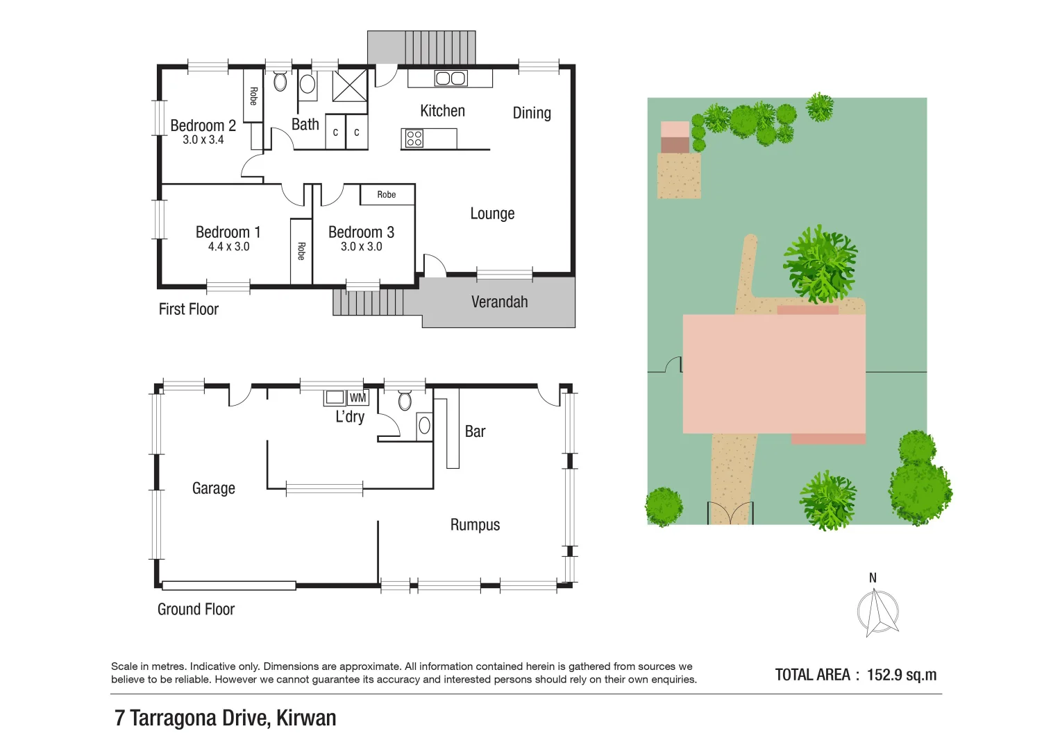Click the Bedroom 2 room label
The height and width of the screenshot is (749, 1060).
pos(203,126)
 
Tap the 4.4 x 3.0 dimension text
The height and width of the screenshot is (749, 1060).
pos(228,247)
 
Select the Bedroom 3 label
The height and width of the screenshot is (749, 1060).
pos(361,232)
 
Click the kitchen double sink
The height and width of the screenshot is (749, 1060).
pos(451,78)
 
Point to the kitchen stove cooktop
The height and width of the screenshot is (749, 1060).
pos(414,139)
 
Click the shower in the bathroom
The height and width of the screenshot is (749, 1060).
pos(349,86)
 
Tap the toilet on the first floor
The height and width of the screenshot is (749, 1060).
pos(280,82)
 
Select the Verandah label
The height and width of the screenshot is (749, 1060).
pos(499,302)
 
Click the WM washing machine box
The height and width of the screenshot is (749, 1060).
pos(357,398)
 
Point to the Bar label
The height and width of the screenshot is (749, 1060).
pos(475,431)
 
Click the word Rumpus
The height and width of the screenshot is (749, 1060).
pos(475,525)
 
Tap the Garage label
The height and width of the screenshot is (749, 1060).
pos(213,489)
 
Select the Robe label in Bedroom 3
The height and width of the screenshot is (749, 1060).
pos(387,195)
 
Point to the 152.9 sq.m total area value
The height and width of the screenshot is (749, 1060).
pos(901,675)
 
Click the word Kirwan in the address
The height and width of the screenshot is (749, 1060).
pos(306,718)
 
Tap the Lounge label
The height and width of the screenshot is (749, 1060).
pos(492,214)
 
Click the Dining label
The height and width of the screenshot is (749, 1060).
pos(532,113)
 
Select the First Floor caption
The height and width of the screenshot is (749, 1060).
pos(188,309)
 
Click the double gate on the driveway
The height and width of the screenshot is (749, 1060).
pos(730,513)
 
